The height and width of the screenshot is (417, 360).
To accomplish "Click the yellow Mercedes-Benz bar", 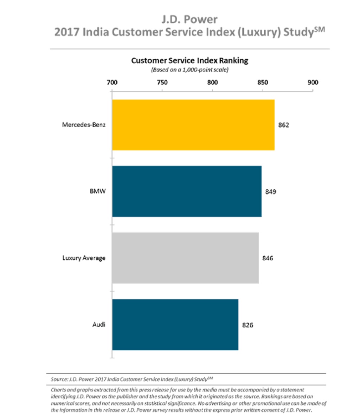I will (193, 125).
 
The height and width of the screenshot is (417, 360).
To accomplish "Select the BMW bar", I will (187, 191).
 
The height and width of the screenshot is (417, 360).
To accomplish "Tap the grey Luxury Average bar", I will (185, 258).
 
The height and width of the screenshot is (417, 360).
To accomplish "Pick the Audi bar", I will (175, 325).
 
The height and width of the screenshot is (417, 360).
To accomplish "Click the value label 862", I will (283, 125).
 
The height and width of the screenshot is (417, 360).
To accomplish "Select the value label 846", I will (268, 258).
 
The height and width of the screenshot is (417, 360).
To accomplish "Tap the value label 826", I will (247, 325).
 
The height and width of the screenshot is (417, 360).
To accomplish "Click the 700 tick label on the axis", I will (112, 83).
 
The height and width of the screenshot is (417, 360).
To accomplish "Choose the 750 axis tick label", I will (162, 83).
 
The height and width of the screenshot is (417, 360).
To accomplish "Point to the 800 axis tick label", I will (212, 83).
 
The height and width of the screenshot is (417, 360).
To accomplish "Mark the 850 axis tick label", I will (263, 83).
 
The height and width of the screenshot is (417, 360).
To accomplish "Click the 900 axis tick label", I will (313, 83).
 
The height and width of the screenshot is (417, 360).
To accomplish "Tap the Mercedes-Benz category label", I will (84, 125).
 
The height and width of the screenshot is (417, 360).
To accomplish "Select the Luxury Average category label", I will (84, 258).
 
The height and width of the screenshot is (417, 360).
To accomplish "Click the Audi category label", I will (99, 325).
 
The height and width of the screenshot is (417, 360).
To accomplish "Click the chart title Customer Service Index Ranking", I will (189, 60).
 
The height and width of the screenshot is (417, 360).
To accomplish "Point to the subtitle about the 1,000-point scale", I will (189, 70).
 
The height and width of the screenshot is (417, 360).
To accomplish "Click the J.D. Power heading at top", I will (189, 19).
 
